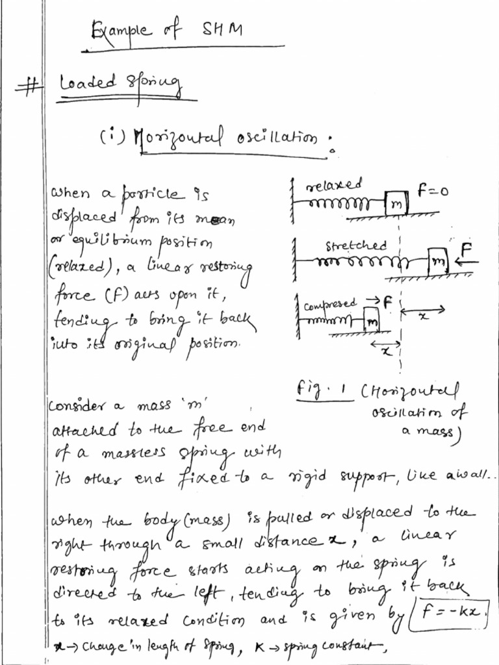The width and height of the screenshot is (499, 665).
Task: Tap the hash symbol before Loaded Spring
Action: click(x=29, y=88)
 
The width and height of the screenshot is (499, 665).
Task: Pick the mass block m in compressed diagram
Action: click(x=371, y=320)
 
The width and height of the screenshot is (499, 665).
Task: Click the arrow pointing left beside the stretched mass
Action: click(x=467, y=262)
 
